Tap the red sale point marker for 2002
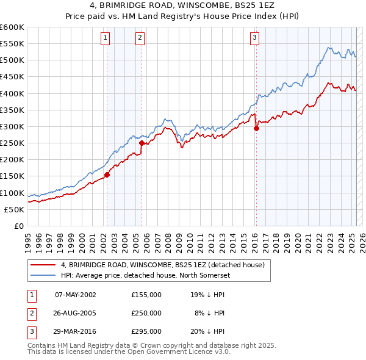[x=107, y=175]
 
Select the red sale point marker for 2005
[x=142, y=143]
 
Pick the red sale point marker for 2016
[x=256, y=128]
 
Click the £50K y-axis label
[x=14, y=209]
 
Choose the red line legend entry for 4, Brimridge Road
[x=162, y=265]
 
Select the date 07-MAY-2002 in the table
[x=76, y=295]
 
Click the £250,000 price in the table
[x=146, y=313]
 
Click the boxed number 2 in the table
[x=30, y=313]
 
